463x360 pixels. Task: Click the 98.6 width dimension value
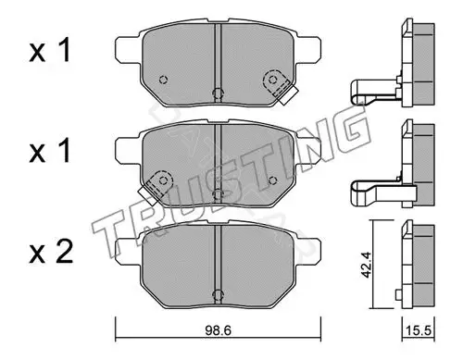[x=218, y=330]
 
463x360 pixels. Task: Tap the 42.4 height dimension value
[x=367, y=265]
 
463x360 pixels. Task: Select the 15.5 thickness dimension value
[x=419, y=330]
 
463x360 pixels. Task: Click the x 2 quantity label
[x=51, y=252]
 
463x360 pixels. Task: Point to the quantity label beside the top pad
[x=50, y=50]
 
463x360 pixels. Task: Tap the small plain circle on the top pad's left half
[x=163, y=80]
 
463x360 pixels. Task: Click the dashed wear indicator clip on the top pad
[x=280, y=87]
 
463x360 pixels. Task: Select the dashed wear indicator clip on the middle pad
[x=155, y=187]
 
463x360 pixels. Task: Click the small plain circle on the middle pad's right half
[x=272, y=180]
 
